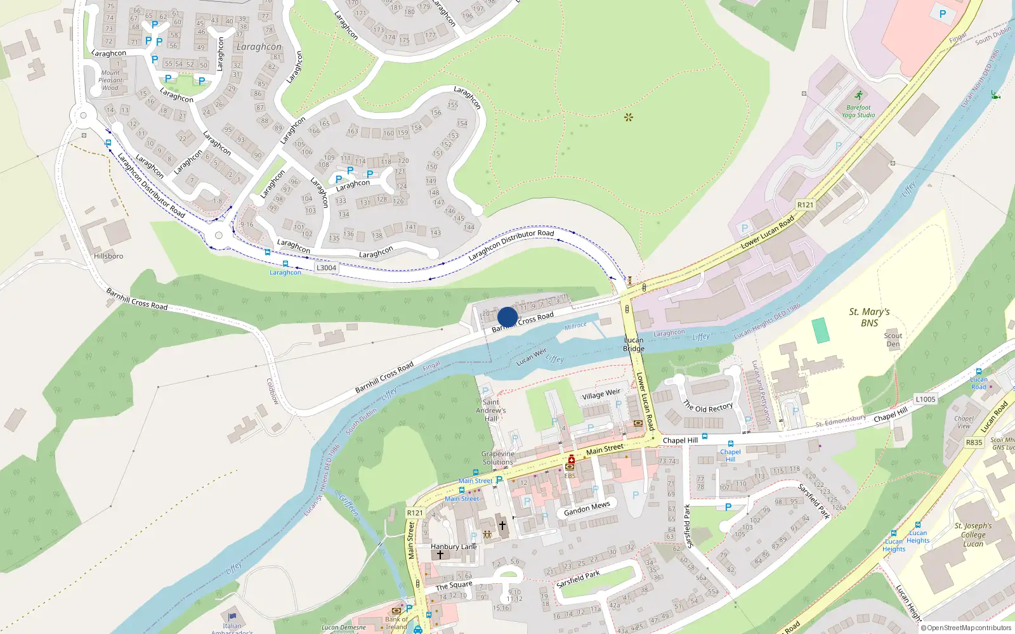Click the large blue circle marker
pyautogui.click(x=507, y=317)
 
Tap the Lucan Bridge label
pyautogui.click(x=633, y=344)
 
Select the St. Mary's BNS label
pyautogui.click(x=869, y=317)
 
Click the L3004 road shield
pyautogui.click(x=326, y=268)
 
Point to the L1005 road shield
pyautogui.click(x=926, y=399)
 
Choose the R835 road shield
pyautogui.click(x=974, y=443)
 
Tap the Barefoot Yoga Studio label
pyautogui.click(x=858, y=111)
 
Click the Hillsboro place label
pyautogui.click(x=108, y=256)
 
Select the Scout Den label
pyautogui.click(x=893, y=340)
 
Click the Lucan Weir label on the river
pyautogui.click(x=532, y=357)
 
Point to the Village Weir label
pyautogui.click(x=601, y=394)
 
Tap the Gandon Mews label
pyautogui.click(x=587, y=508)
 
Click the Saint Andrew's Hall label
pyautogui.click(x=491, y=410)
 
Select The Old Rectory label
pyautogui.click(x=708, y=406)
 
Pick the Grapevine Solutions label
pyautogui.click(x=498, y=458)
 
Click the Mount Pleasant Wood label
pyautogui.click(x=110, y=81)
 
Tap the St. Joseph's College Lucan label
pyautogui.click(x=972, y=534)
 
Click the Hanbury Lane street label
pyautogui.click(x=454, y=547)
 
